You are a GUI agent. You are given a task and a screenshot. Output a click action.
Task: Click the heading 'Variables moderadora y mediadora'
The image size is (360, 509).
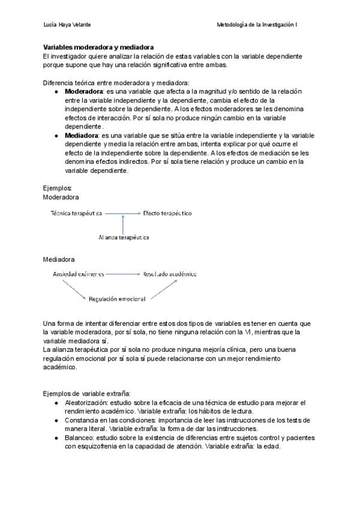click(98, 47)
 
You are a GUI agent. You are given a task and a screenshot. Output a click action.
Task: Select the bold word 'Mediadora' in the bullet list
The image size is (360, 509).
click(82, 136)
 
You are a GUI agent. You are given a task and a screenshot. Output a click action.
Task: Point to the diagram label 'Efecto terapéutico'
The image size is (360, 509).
click(167, 213)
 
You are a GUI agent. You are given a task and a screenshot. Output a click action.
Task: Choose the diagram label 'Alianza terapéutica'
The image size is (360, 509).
click(124, 237)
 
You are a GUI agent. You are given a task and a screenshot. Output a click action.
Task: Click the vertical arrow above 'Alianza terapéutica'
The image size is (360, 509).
click(123, 224)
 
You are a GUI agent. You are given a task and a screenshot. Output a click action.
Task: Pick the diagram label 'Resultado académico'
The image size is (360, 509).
click(169, 274)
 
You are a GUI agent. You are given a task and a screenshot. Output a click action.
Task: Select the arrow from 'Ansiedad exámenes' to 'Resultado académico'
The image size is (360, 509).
click(122, 274)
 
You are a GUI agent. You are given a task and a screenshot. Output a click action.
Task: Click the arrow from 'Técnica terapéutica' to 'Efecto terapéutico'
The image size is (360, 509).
click(122, 213)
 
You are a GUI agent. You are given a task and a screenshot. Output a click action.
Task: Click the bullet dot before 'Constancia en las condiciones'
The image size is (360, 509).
click(56, 420)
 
